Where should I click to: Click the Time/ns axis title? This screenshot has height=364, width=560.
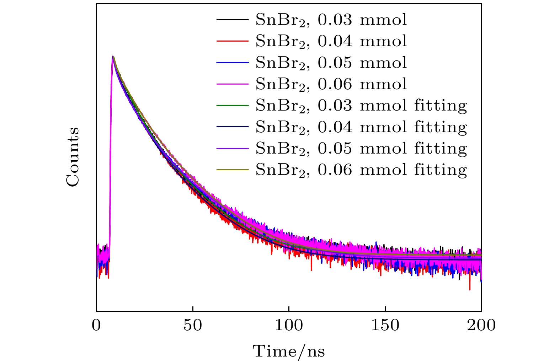coord(289,351)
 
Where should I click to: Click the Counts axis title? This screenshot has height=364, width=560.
coord(73,157)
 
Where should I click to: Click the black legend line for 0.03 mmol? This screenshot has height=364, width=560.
coord(232,20)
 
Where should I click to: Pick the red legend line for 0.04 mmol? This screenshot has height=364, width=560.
coord(232,41)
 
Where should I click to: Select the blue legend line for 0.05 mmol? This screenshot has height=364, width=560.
coord(232,63)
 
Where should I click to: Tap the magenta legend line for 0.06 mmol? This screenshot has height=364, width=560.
coord(232,84)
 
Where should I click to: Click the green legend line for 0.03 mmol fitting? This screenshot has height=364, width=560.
coord(232,106)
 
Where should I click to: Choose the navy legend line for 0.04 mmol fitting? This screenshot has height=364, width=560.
coord(232,127)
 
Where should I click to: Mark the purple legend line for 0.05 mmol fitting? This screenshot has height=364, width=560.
coord(232,148)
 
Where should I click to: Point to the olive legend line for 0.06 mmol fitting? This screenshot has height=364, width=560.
coord(232,170)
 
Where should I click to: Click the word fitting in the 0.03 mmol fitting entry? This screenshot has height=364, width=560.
coord(441,106)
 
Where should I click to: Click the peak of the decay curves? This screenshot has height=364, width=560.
coord(113,57)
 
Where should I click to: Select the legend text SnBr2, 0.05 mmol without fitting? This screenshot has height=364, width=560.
coord(331,63)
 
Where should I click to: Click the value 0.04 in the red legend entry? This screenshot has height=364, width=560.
coord(335,41)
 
